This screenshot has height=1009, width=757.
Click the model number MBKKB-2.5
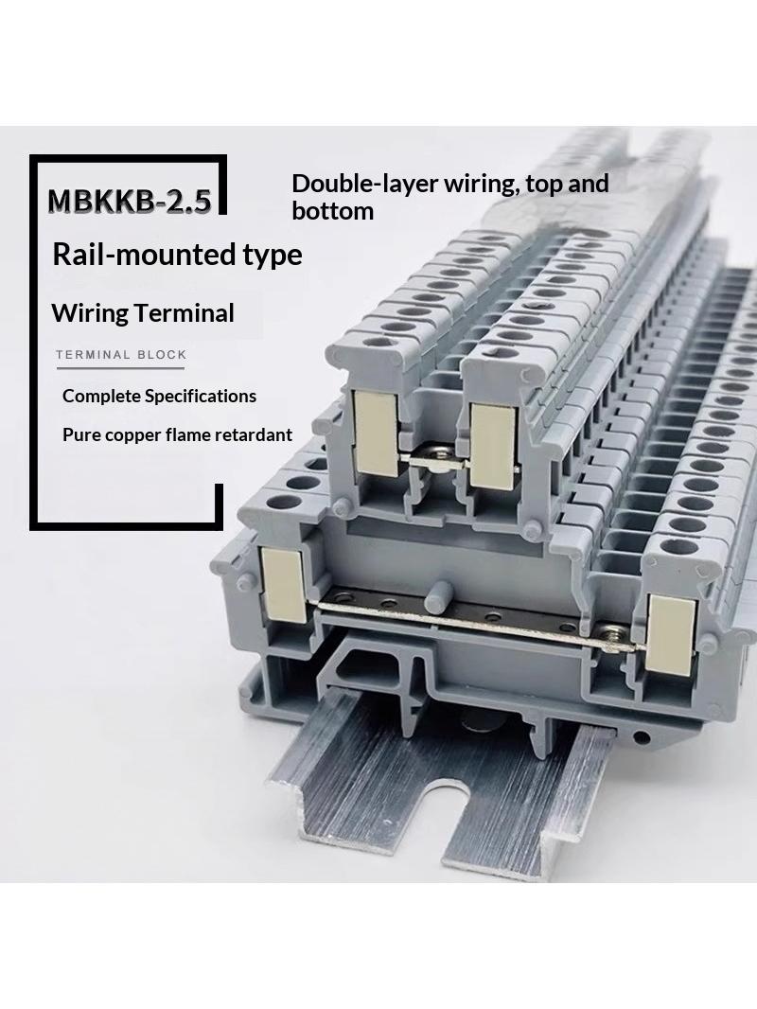coord(130,201)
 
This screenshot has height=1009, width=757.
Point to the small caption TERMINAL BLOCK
coord(121,355)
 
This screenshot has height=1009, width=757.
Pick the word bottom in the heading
coord(332,210)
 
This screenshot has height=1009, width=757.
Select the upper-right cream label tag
coord(493,447)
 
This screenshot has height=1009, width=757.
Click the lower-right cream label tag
coord(669,635)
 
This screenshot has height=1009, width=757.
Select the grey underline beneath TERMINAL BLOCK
coord(120,368)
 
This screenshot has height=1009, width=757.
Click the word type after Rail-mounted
coord(273,256)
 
